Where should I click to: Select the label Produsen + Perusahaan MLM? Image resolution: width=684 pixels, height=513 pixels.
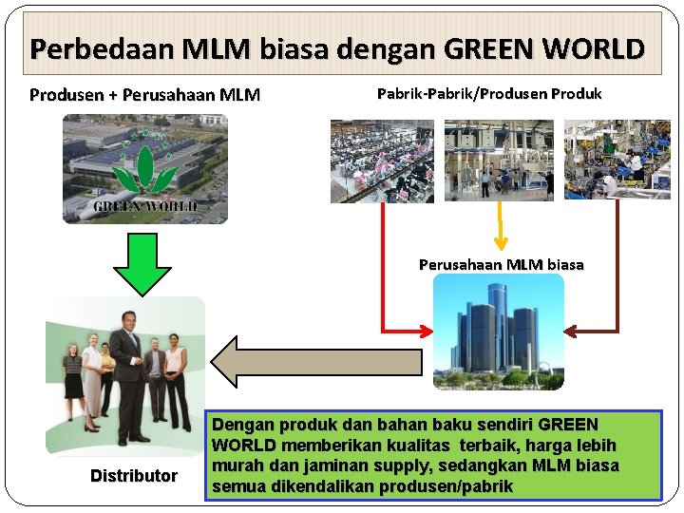pyautogui.click(x=145, y=95)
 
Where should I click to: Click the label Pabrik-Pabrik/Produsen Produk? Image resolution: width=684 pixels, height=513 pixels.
pyautogui.click(x=489, y=94)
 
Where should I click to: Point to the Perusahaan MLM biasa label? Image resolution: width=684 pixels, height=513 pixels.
pyautogui.click(x=502, y=264)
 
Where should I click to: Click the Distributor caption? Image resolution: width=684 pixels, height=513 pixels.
pyautogui.click(x=134, y=475)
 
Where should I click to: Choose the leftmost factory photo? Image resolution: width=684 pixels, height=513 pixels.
pyautogui.click(x=382, y=161)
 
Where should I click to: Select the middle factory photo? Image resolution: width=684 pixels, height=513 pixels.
pyautogui.click(x=499, y=160)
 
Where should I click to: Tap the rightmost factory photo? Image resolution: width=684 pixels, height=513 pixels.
pyautogui.click(x=617, y=160)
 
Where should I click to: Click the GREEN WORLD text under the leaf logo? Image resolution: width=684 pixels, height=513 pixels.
pyautogui.click(x=145, y=206)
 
